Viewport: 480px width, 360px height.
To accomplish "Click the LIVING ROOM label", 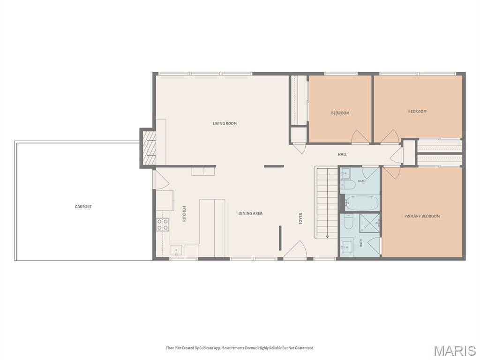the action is click(225, 123).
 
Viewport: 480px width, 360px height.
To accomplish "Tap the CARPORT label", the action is click(83, 207).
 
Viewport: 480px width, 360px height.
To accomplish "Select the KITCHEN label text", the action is click(184, 214).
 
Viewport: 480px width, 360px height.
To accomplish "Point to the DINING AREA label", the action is click(250, 213).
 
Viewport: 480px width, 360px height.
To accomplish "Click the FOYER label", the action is click(300, 218).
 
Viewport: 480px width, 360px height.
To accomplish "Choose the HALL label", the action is click(342, 154).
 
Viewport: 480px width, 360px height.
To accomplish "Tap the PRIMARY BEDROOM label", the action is click(422, 216).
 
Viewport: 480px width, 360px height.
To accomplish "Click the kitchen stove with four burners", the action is click(163, 225).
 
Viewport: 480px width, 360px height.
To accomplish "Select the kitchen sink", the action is click(176, 250).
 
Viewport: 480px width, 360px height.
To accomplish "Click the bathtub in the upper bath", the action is click(362, 202).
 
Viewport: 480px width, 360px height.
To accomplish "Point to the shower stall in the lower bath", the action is click(369, 223).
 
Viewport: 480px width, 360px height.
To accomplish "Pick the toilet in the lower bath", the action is click(348, 222).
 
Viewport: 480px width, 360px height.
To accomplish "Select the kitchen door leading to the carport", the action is click(161, 180).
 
